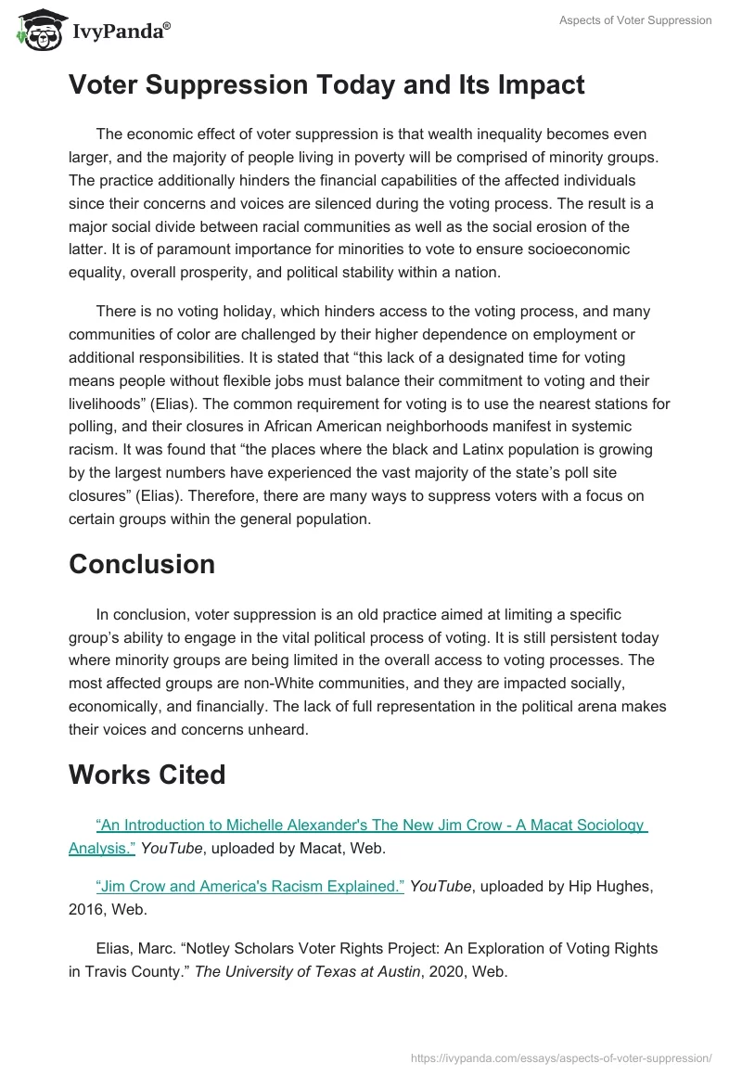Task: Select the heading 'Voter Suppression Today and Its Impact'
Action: click(326, 85)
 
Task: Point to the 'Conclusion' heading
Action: click(142, 564)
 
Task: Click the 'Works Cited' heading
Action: click(147, 775)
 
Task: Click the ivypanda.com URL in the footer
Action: click(562, 1057)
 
